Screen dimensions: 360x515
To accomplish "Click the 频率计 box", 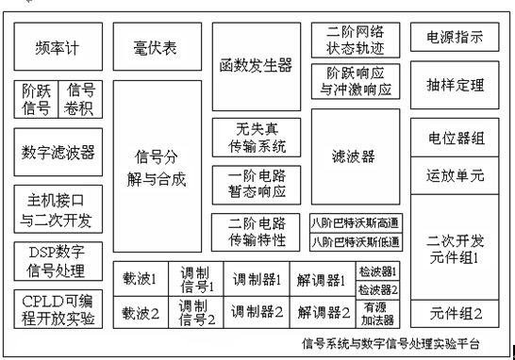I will [x=57, y=46].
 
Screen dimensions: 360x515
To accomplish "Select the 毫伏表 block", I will [x=157, y=46].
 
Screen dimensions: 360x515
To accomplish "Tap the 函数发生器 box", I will [x=256, y=66].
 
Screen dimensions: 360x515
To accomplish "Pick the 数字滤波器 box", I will [x=58, y=153].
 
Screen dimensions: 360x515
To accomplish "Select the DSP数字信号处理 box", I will [x=58, y=262].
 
